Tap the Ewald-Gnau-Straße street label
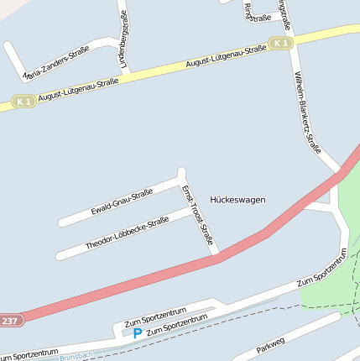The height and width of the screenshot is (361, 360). (x=122, y=201)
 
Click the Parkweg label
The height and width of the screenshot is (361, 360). (x=271, y=344)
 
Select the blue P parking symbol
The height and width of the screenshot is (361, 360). (x=138, y=333)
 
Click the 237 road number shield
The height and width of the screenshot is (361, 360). (x=9, y=321)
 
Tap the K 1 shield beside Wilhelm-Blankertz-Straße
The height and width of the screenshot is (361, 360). (x=281, y=43)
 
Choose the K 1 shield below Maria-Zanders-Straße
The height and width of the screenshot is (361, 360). (x=23, y=102)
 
